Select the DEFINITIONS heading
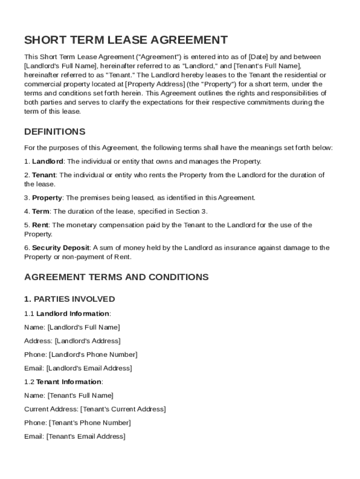click(x=55, y=131)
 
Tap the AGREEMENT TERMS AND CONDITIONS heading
click(x=116, y=277)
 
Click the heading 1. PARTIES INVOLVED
click(x=69, y=299)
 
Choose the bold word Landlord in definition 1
click(x=48, y=161)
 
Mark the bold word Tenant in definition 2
click(x=44, y=175)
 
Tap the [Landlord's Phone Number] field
click(x=93, y=355)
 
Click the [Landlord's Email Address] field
click(x=89, y=368)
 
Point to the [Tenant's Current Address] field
click(x=122, y=409)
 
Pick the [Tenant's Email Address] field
click(x=86, y=436)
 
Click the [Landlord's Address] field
click(x=87, y=341)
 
